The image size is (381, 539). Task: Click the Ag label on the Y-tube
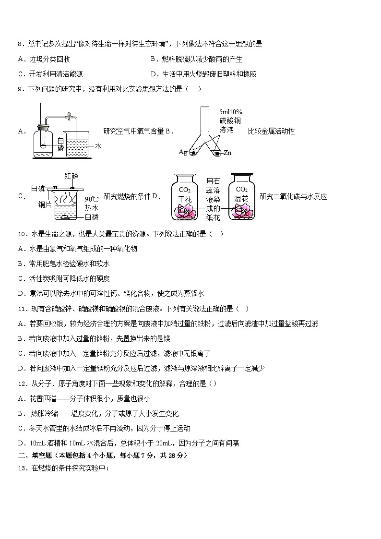tap(182, 152)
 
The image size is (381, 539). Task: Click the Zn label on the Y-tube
tap(227, 153)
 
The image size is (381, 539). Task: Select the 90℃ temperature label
tap(91, 199)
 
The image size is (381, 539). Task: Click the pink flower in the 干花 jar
tap(184, 210)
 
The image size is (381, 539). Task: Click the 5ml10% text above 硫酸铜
tap(231, 111)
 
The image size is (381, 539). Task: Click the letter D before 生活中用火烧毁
tap(153, 74)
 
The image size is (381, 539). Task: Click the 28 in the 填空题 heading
tap(167, 455)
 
